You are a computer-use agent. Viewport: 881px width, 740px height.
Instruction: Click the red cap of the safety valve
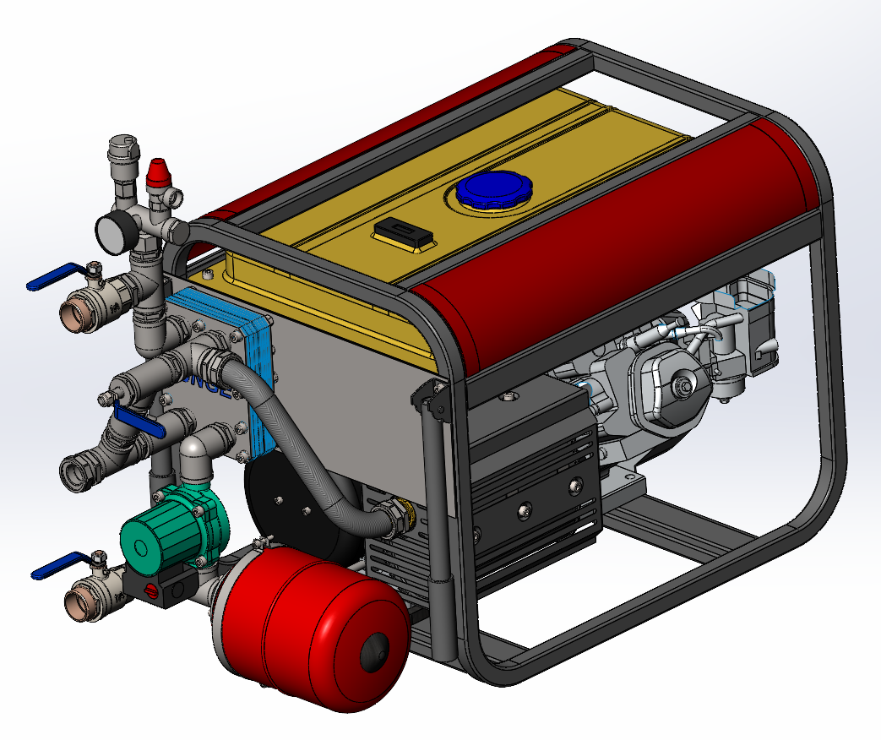[x=156, y=172]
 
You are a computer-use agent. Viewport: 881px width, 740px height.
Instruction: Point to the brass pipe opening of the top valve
[x=73, y=317]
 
